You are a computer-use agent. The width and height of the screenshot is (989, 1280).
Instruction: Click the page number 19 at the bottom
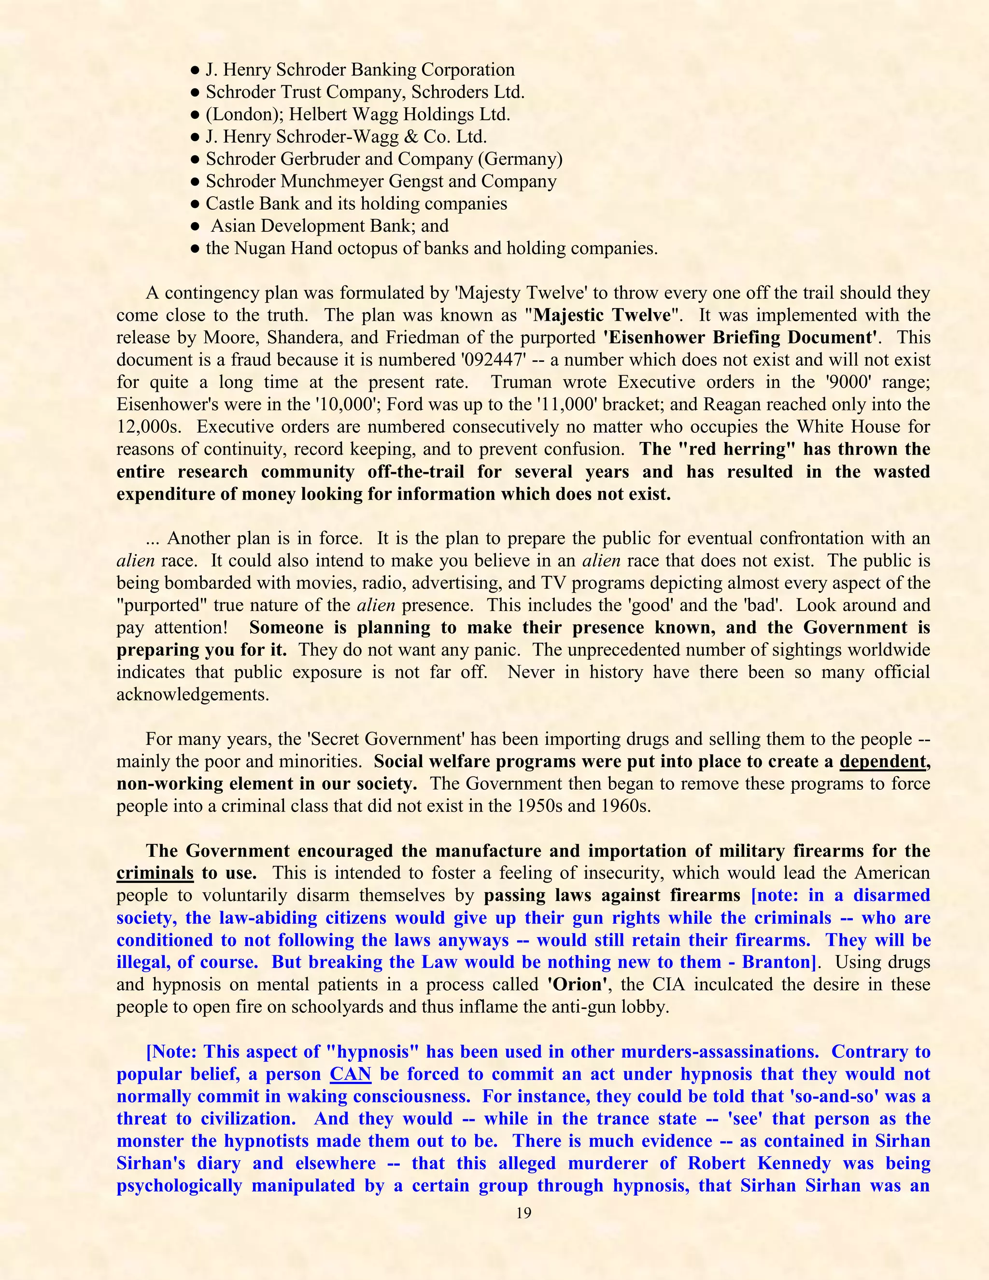point(524,1212)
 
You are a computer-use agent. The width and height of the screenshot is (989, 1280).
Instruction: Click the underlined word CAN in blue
point(351,1074)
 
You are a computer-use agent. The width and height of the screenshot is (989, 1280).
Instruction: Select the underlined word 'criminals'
point(155,873)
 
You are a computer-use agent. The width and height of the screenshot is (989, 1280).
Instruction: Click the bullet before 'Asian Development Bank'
point(196,226)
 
